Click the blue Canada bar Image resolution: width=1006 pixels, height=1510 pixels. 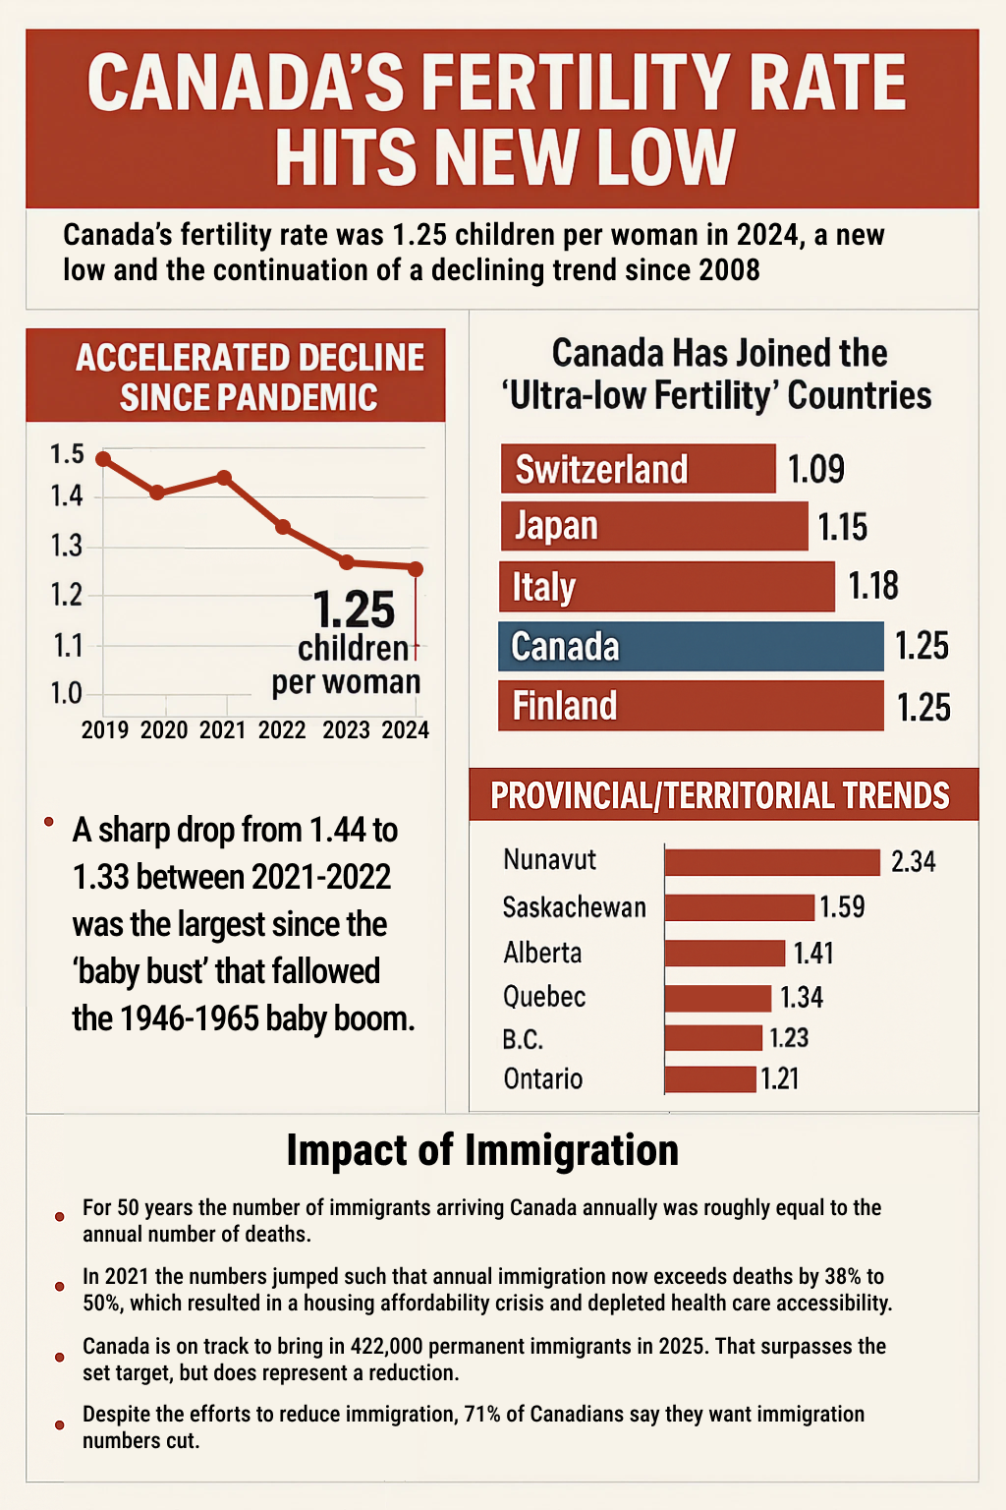[691, 647]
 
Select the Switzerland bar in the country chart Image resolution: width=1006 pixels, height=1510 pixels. [638, 469]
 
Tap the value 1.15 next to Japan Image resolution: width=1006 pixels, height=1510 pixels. [843, 528]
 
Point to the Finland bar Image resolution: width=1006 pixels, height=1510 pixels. [691, 707]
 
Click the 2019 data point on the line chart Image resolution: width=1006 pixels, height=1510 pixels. [103, 459]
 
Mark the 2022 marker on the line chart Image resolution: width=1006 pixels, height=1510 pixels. [283, 527]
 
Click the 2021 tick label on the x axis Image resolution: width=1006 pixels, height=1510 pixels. [223, 730]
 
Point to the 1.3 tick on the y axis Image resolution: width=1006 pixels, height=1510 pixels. [67, 546]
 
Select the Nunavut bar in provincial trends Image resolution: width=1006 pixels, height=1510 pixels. [772, 862]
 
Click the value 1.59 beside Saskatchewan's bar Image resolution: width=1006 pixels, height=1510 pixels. [842, 906]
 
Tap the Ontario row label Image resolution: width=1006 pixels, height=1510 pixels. [543, 1079]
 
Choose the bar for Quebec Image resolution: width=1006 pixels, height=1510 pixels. [718, 999]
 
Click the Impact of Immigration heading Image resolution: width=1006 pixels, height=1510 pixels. [482, 1150]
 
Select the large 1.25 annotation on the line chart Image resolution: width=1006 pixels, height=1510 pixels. [354, 610]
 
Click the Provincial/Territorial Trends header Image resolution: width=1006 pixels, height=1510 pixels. [720, 795]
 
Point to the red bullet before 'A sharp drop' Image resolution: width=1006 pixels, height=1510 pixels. [48, 821]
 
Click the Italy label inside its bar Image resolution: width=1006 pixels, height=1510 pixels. [543, 587]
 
